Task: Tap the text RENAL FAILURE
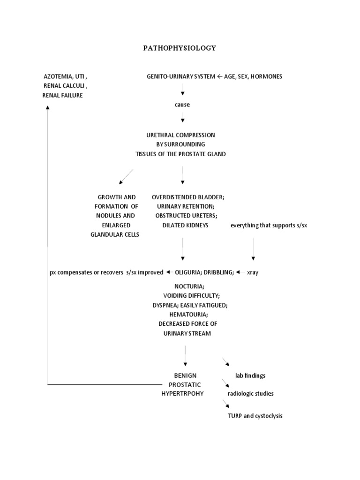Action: (x=63, y=95)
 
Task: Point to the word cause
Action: (x=182, y=105)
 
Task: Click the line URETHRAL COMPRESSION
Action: (x=180, y=135)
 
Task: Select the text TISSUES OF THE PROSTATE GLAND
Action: (x=180, y=154)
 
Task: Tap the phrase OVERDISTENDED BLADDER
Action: (x=184, y=197)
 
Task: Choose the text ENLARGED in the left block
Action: (x=115, y=225)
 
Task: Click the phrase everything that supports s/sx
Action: (x=269, y=225)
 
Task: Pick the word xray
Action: (x=253, y=272)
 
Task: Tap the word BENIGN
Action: (x=185, y=375)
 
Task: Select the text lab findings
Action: (x=250, y=375)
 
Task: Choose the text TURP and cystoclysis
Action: (x=255, y=416)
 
